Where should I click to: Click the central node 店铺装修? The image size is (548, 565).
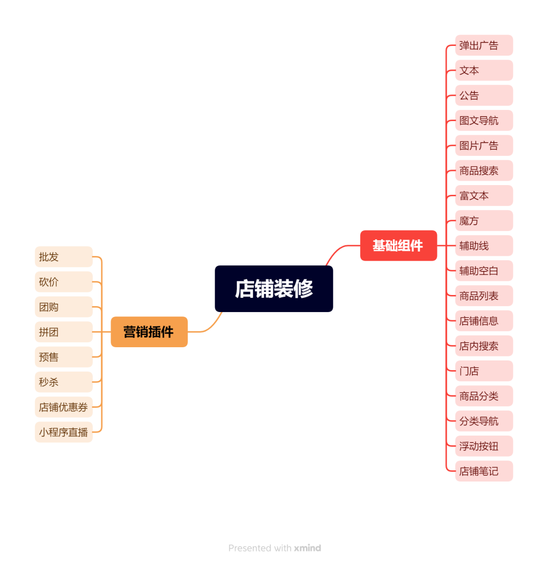click(274, 289)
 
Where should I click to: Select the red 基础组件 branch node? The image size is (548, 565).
click(398, 246)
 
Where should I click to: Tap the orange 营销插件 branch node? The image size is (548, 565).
click(149, 332)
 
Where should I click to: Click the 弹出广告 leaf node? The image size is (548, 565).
click(484, 45)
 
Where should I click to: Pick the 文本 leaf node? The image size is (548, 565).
click(484, 70)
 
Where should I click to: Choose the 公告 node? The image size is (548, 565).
click(484, 95)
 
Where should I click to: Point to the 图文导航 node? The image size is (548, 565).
click(484, 121)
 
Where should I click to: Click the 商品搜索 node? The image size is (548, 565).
click(484, 170)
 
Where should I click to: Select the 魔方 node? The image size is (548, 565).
click(484, 221)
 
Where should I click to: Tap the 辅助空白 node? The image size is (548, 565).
click(484, 271)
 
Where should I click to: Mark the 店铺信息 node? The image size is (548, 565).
click(484, 321)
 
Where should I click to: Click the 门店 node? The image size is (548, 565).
click(484, 371)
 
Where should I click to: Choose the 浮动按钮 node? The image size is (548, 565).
click(484, 446)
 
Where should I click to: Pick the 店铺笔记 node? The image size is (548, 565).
click(484, 471)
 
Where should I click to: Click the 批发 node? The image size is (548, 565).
click(63, 257)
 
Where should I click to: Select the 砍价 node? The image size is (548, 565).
click(63, 282)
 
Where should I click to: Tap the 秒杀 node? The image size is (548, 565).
click(63, 382)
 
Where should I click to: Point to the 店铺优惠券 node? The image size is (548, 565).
click(63, 407)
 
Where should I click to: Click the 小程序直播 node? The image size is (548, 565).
click(63, 432)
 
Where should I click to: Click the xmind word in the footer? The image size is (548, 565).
click(307, 548)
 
